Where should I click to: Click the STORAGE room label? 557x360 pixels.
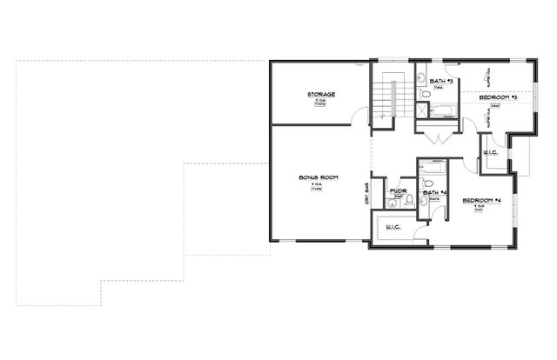point(321,94)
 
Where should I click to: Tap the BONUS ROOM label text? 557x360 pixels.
point(318,177)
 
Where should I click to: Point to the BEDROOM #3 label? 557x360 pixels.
point(499,97)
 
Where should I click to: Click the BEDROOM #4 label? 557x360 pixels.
point(482,201)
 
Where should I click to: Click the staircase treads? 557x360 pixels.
point(386,96)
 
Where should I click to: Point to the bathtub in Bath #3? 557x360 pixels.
point(444,110)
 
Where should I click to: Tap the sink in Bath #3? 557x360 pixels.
point(419,92)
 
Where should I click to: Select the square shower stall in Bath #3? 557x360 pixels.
point(421,110)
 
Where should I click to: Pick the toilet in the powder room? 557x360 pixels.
point(391,203)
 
